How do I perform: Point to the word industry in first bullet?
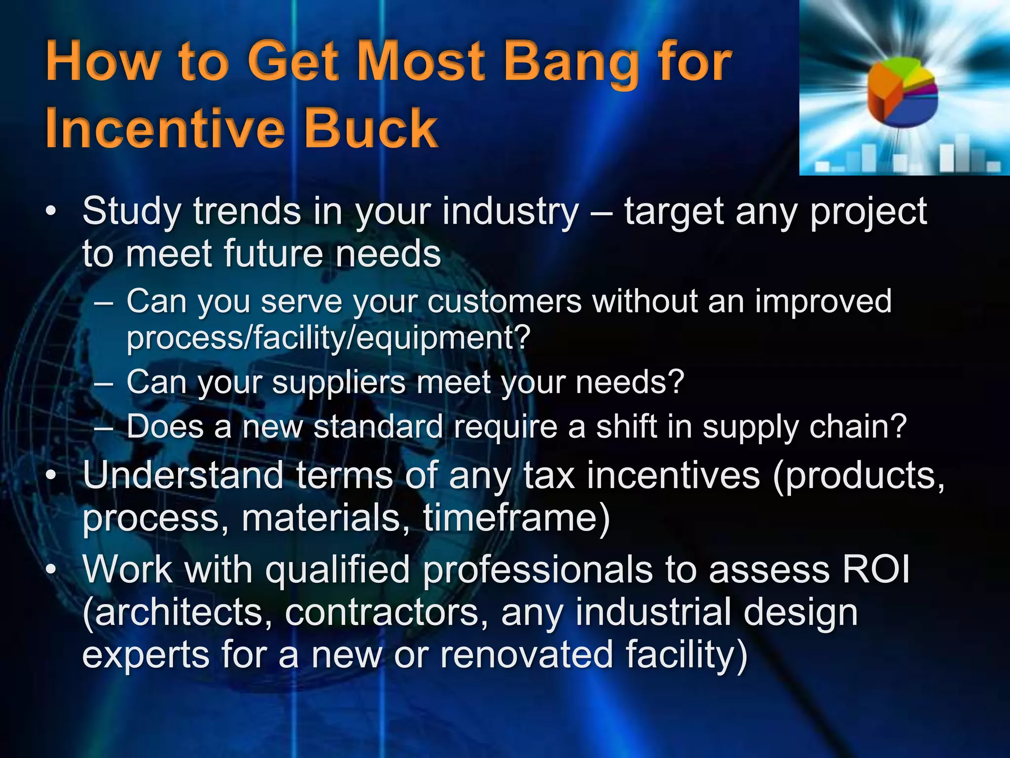pos(510,212)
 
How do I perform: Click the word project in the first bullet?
pos(869,212)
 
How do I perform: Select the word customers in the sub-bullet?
pos(505,302)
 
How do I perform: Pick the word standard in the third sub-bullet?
pos(378,427)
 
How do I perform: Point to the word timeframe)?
pos(517,518)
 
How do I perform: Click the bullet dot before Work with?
pos(51,569)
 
